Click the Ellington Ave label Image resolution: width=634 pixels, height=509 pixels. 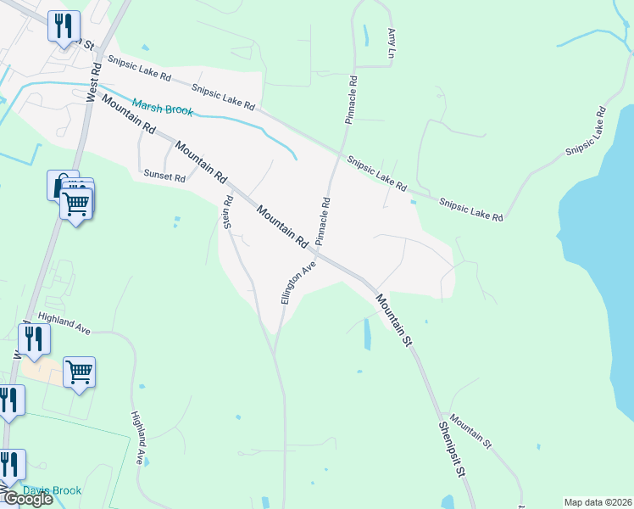pos(298,282)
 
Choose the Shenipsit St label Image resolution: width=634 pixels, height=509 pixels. pos(454,450)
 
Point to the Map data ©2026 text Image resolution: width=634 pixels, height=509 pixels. pos(598,502)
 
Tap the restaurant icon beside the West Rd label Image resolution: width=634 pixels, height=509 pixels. pos(64,26)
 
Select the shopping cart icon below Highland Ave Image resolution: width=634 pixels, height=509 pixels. pos(79,372)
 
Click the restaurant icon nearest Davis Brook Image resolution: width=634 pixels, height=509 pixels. pos(9,465)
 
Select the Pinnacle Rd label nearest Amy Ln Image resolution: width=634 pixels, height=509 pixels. pos(351,100)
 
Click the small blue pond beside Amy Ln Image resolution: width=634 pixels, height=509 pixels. pos(366,36)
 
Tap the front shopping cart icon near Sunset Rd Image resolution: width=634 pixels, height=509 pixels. pos(76,204)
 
